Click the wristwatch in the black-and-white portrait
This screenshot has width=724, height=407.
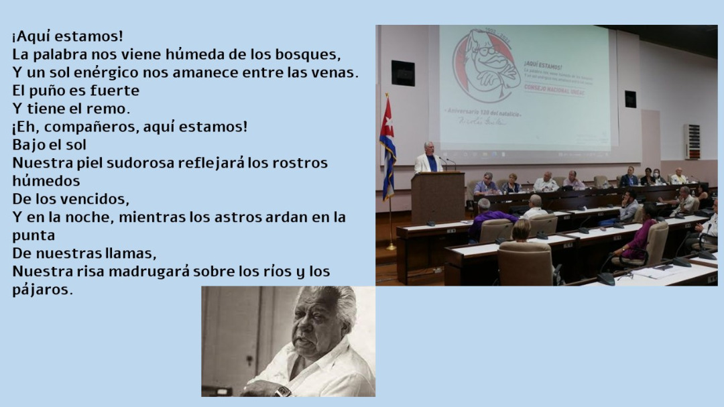[283, 390]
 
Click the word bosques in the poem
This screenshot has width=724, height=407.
[310, 54]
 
